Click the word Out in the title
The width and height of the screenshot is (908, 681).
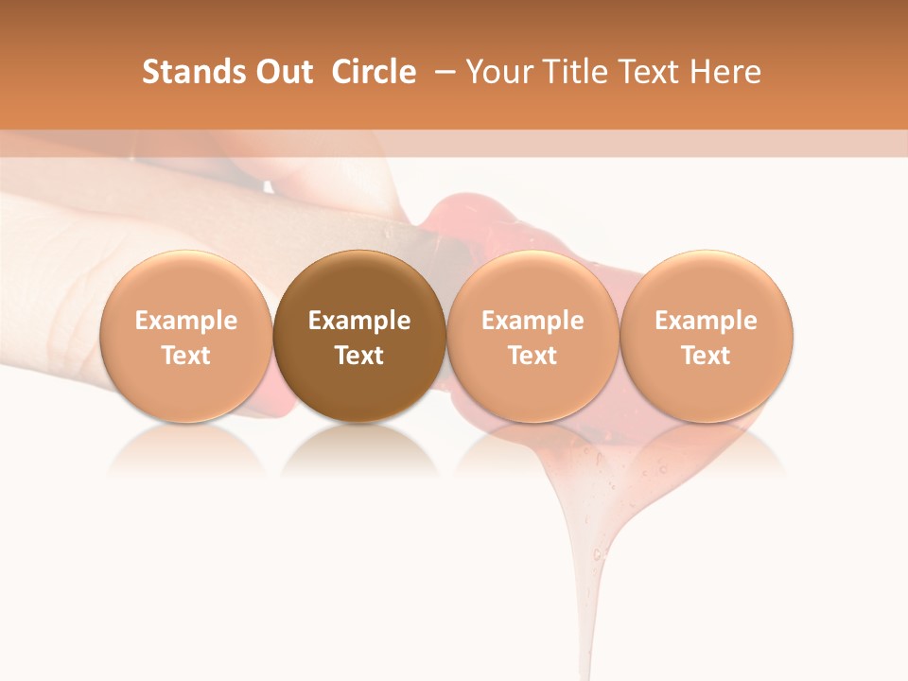pyautogui.click(x=282, y=72)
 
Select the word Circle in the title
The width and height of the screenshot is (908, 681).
pyautogui.click(x=374, y=72)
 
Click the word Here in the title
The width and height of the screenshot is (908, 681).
pyautogui.click(x=725, y=72)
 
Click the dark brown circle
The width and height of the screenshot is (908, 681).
pyautogui.click(x=359, y=336)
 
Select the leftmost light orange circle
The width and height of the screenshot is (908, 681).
pyautogui.click(x=186, y=336)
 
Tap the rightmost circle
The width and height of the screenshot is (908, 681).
pyautogui.click(x=707, y=336)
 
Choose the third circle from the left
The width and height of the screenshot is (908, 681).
pyautogui.click(x=533, y=336)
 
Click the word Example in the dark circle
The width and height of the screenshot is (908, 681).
pyautogui.click(x=359, y=321)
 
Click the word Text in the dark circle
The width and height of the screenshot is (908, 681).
pyautogui.click(x=359, y=356)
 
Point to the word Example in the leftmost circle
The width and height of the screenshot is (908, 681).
pyautogui.click(x=186, y=321)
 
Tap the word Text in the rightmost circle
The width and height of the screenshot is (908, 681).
pyautogui.click(x=707, y=356)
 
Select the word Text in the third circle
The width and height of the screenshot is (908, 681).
pyautogui.click(x=533, y=356)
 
